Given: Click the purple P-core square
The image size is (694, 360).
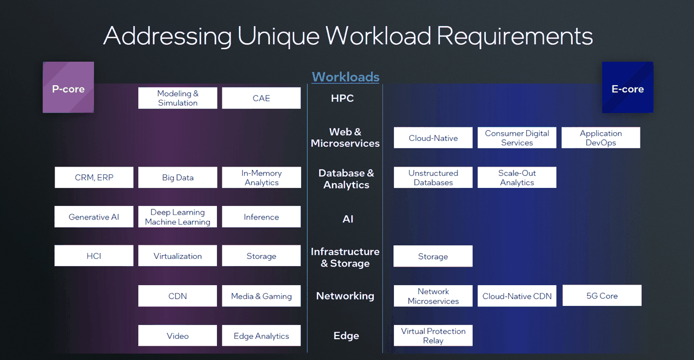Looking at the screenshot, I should click(x=68, y=87).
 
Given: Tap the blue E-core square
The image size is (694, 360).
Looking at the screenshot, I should click(x=627, y=87).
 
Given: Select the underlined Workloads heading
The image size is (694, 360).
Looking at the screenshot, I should click(x=345, y=77).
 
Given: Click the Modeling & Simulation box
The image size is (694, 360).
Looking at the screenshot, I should click(x=178, y=98).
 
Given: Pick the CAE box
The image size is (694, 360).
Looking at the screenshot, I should click(x=261, y=98).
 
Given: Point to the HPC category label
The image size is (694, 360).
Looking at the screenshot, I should click(x=343, y=98).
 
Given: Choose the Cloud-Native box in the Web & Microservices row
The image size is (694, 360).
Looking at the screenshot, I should click(x=433, y=138).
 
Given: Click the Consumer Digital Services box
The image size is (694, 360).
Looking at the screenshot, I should click(x=516, y=138).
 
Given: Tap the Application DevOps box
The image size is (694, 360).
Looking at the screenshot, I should click(x=601, y=138).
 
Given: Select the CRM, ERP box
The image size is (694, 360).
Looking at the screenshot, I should click(x=94, y=178).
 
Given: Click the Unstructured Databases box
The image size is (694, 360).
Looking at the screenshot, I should click(x=433, y=178).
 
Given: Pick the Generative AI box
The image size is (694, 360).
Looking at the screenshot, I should click(x=94, y=217).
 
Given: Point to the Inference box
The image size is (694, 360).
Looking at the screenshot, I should click(x=261, y=217).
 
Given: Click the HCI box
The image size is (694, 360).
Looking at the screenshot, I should click(x=94, y=256).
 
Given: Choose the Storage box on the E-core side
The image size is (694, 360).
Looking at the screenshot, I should click(x=433, y=256).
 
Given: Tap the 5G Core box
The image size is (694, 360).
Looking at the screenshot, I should click(x=602, y=296).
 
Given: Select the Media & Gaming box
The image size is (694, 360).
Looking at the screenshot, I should click(x=261, y=296).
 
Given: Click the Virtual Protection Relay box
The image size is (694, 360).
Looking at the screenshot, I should click(x=433, y=335).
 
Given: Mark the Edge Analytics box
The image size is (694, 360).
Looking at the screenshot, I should click(x=261, y=336).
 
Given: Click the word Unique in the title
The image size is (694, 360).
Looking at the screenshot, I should click(x=278, y=36).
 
